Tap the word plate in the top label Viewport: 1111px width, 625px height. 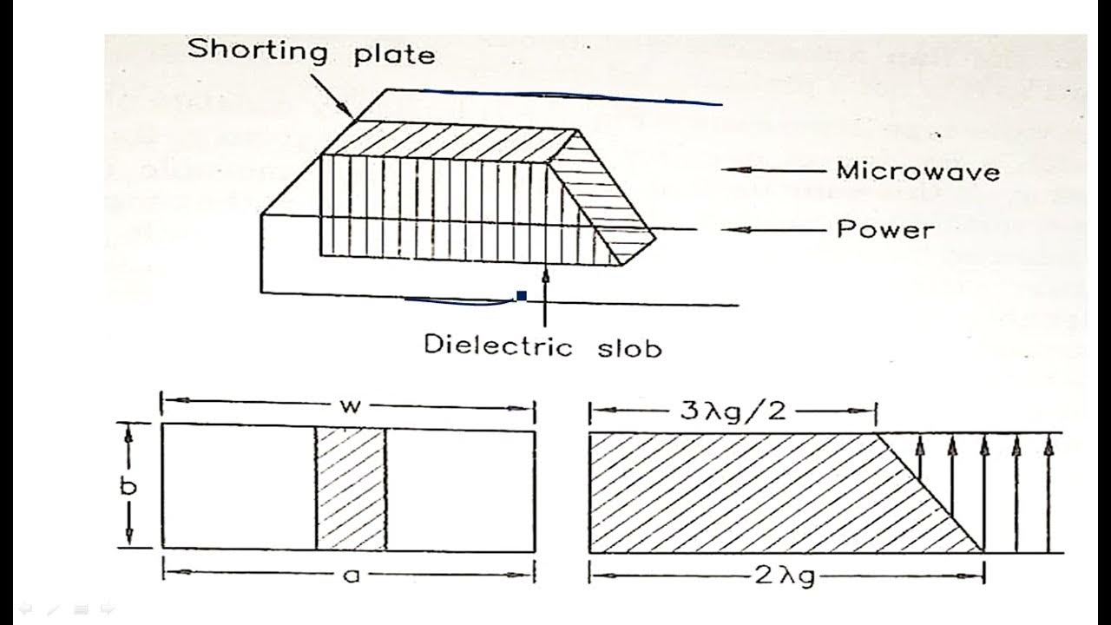(x=394, y=54)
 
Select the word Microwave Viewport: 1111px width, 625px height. (x=917, y=170)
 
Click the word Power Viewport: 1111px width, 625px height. (x=885, y=230)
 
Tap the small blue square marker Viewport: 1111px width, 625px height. (x=522, y=296)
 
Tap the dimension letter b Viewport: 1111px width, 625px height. (x=128, y=486)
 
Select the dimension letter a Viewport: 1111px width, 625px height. (x=351, y=575)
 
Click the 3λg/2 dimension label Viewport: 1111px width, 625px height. (x=734, y=409)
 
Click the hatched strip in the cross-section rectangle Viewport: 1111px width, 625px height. (x=351, y=489)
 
